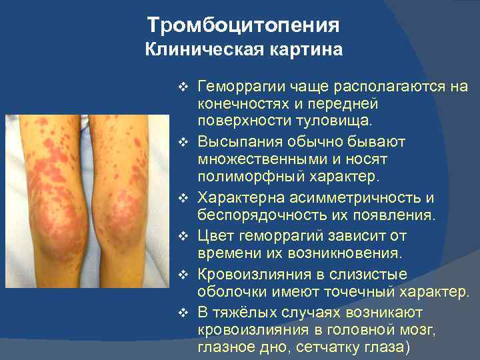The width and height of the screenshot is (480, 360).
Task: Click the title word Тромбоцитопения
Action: (243, 25)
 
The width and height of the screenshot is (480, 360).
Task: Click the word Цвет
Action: (215, 236)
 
